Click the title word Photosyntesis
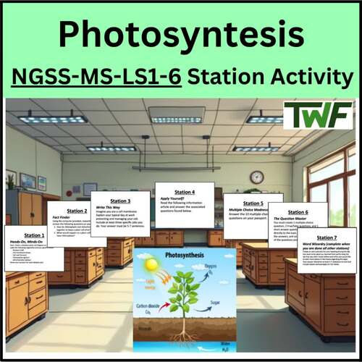(180, 34)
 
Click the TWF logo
(318, 115)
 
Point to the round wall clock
(257, 177)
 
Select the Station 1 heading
(34, 235)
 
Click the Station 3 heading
(120, 201)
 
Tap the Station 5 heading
(253, 203)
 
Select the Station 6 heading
(298, 213)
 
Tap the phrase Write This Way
(119, 209)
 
